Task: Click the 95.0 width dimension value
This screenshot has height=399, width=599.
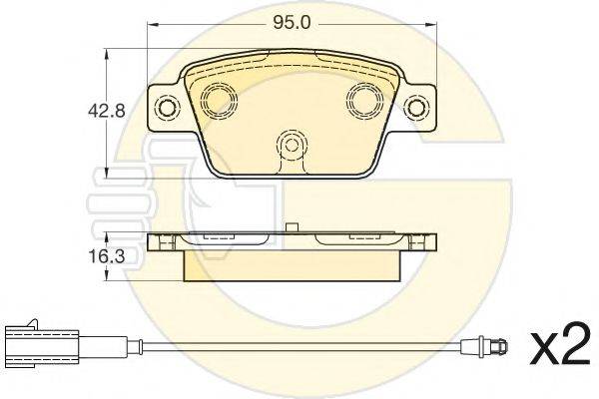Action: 292,23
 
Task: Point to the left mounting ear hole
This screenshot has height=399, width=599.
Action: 167,108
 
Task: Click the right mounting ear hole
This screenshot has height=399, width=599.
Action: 415,108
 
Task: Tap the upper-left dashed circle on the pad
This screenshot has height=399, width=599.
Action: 218,99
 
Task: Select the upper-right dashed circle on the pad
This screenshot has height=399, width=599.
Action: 364,99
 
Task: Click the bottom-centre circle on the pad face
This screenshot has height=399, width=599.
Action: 292,145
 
